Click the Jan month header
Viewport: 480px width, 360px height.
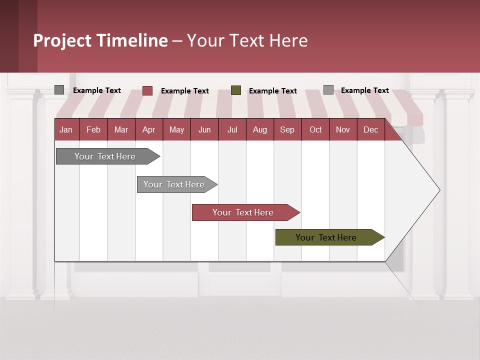pos(66,129)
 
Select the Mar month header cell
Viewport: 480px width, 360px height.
pos(121,129)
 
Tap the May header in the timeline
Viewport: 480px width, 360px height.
pos(176,129)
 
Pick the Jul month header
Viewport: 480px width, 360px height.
pos(232,129)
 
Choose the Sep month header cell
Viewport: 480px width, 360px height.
pos(287,129)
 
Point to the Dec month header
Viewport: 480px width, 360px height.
pos(370,129)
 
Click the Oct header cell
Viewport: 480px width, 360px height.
pos(315,129)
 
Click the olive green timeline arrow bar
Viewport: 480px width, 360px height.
pos(326,237)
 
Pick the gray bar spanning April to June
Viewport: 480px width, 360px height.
pos(174,184)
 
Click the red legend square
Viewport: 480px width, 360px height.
pos(147,90)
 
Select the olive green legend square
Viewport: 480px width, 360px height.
pos(236,90)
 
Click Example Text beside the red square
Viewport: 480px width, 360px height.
pos(184,91)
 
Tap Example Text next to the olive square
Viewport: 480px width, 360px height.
pos(272,91)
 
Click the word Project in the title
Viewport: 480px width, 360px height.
pos(62,40)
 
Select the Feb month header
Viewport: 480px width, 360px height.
pos(93,129)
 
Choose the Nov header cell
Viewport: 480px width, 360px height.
pos(342,129)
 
